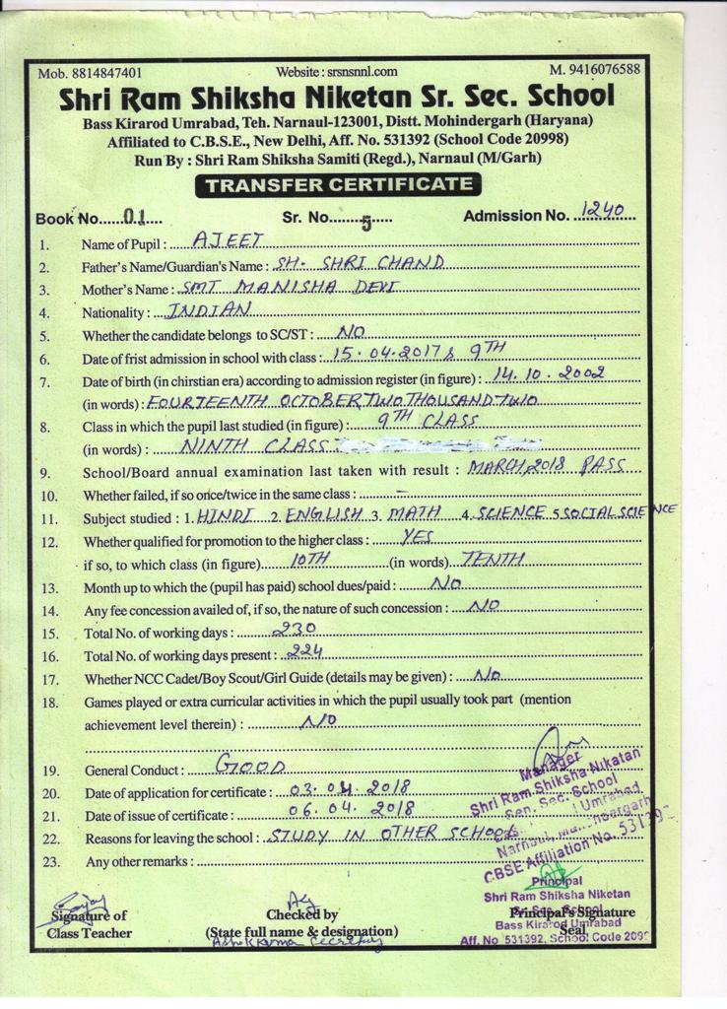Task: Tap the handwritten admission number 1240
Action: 606,210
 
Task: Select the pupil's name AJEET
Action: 217,238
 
